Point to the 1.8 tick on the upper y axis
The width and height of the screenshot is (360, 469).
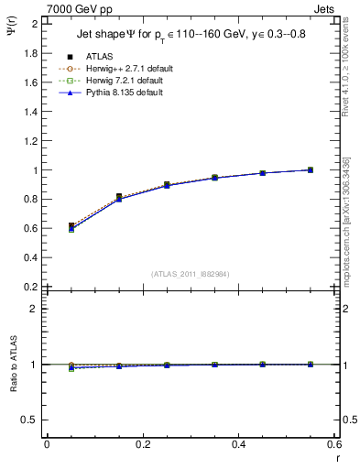point(31,53)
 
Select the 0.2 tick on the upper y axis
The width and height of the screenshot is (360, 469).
point(31,287)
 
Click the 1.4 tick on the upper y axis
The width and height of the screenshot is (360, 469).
point(31,112)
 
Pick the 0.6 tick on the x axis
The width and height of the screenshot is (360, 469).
point(335,444)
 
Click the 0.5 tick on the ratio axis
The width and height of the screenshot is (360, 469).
point(31,420)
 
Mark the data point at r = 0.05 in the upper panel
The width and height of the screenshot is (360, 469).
point(71,226)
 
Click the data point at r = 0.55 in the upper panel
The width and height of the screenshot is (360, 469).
point(311,169)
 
